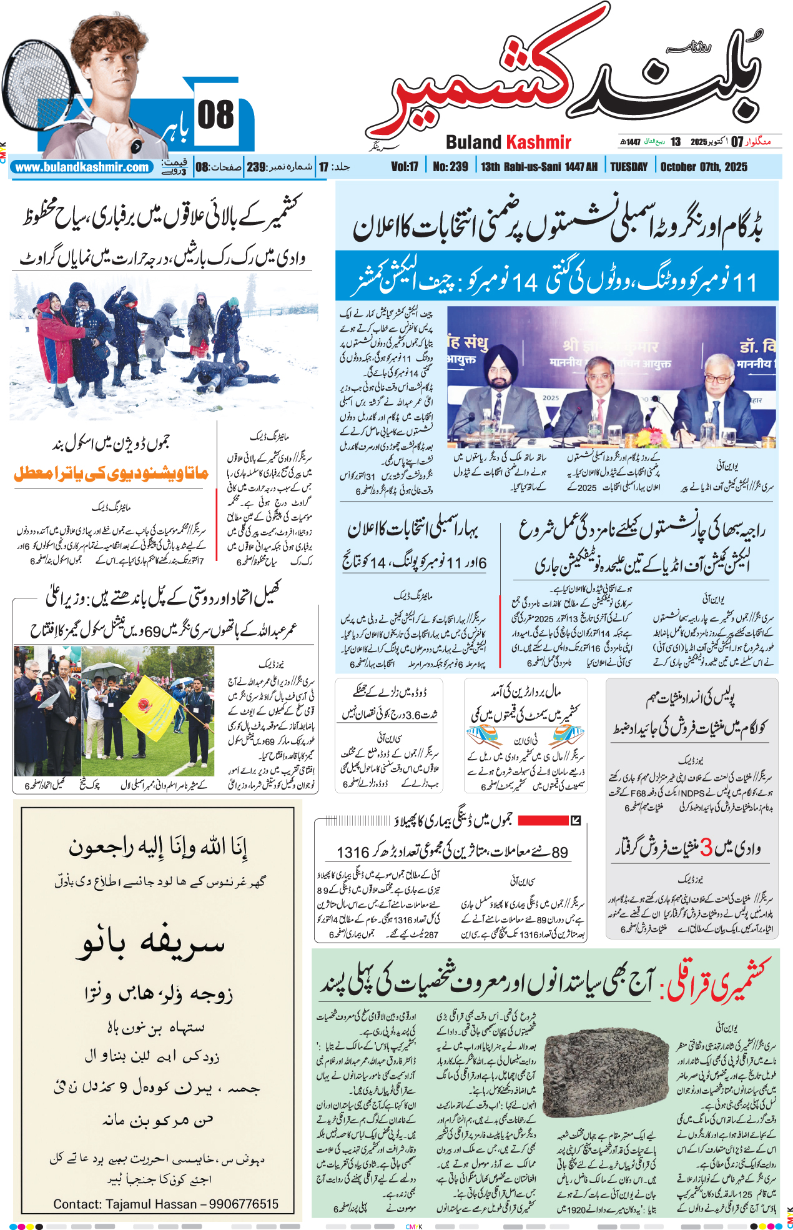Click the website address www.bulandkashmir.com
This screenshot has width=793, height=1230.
click(82, 167)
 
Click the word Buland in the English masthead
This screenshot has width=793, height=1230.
click(474, 142)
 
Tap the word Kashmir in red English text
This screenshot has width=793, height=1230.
click(538, 142)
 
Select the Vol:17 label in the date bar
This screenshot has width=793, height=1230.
click(405, 167)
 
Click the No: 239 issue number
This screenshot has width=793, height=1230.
click(450, 167)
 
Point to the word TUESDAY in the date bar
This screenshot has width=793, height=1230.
click(629, 167)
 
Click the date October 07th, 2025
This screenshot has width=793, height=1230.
click(704, 167)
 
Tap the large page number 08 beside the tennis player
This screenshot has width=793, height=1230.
click(215, 116)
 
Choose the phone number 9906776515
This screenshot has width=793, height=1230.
click(244, 1204)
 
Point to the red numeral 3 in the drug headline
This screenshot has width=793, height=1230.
click(706, 847)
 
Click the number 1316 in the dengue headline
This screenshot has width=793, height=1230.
click(353, 852)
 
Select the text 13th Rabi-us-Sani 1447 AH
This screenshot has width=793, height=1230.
click(539, 167)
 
